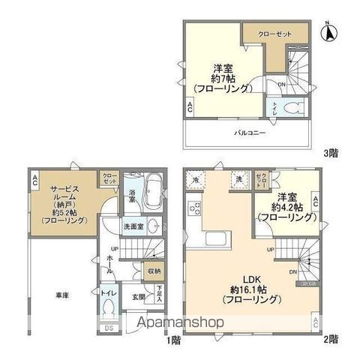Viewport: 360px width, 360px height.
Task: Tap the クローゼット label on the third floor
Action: tap(275, 34)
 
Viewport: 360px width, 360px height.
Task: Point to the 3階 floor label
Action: tap(330, 153)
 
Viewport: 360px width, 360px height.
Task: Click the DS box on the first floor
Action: tap(109, 328)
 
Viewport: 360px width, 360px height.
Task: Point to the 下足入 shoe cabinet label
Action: tap(159, 292)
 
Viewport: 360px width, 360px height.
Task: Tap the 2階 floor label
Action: tap(330, 340)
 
